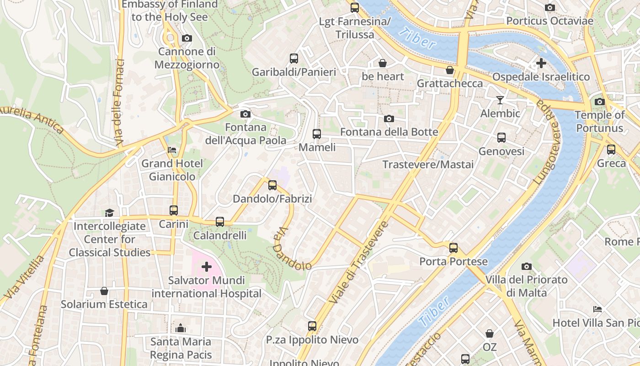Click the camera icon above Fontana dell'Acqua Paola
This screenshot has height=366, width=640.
pyautogui.click(x=245, y=114)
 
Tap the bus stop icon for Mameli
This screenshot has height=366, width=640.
pyautogui.click(x=317, y=134)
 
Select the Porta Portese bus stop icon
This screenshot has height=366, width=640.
pyautogui.click(x=453, y=248)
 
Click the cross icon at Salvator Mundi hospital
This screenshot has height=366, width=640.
pyautogui.click(x=207, y=266)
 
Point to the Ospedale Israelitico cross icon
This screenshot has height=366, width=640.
pyautogui.click(x=541, y=63)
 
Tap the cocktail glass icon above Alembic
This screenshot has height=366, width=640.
pyautogui.click(x=501, y=100)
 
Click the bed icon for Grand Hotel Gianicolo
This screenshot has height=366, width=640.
pyautogui.click(x=172, y=150)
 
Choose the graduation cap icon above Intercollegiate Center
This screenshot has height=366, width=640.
pyautogui.click(x=109, y=213)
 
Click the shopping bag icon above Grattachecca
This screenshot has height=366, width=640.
pyautogui.click(x=450, y=70)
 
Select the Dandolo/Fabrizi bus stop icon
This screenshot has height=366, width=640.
pyautogui.click(x=272, y=185)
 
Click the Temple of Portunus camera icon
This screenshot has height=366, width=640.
pyautogui.click(x=600, y=102)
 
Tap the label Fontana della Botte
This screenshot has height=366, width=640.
pyautogui.click(x=389, y=132)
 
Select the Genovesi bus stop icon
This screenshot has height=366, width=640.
pyautogui.click(x=501, y=138)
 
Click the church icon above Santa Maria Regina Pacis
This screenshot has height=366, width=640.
pyautogui.click(x=181, y=328)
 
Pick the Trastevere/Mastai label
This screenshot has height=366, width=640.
pyautogui.click(x=428, y=165)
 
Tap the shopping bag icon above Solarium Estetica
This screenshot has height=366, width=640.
pyautogui.click(x=104, y=291)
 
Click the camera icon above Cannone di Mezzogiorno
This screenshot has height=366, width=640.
pyautogui.click(x=187, y=38)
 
